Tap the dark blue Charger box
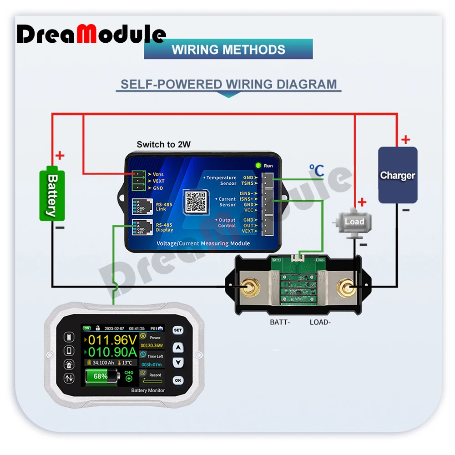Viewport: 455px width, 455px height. tap(397, 175)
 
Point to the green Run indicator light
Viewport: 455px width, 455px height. tap(258, 166)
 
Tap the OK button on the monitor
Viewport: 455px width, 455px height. tap(178, 380)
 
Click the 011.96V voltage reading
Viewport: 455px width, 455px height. tap(112, 340)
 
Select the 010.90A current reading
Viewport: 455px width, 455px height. tap(112, 352)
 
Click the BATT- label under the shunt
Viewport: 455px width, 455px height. tap(280, 322)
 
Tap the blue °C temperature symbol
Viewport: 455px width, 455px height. tap(316, 171)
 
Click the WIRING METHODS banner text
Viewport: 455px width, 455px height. tap(228, 50)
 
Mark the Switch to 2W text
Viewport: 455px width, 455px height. tap(163, 145)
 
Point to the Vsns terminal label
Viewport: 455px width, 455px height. tap(158, 174)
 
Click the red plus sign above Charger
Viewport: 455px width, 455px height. tap(405, 140)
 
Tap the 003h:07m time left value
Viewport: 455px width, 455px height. tap(152, 364)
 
